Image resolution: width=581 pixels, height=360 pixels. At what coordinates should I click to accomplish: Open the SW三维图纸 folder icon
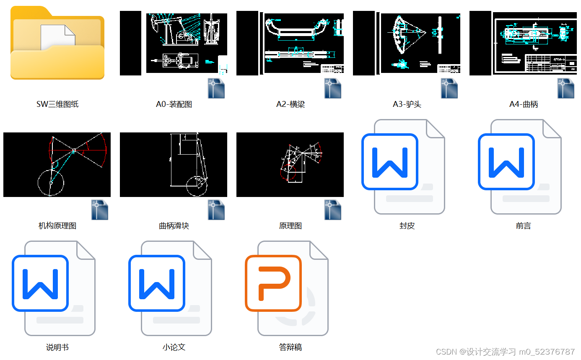click(57, 43)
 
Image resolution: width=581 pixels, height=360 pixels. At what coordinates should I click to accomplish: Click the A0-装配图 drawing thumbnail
click(174, 44)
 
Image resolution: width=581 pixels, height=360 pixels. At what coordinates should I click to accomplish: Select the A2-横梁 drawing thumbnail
click(290, 44)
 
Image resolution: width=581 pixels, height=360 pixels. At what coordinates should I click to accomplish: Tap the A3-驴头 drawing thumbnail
click(407, 44)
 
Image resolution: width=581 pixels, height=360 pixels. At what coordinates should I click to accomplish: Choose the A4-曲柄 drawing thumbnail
click(523, 44)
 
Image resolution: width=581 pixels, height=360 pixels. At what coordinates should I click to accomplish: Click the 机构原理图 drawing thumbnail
click(57, 165)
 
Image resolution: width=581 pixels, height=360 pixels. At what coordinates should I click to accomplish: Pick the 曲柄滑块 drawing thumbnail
click(174, 165)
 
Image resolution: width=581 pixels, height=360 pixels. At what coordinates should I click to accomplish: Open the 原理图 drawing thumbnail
click(290, 165)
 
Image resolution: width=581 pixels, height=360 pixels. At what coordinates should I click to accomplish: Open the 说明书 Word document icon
click(54, 288)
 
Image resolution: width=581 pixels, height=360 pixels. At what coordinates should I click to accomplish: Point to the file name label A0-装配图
click(174, 104)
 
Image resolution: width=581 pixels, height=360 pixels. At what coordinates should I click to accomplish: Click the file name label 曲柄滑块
click(174, 226)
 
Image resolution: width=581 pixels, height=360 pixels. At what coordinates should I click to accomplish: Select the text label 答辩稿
click(290, 347)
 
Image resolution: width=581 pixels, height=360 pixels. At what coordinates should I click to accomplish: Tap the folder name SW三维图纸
click(57, 104)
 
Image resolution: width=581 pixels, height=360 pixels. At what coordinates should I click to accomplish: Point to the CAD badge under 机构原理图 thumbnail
click(100, 210)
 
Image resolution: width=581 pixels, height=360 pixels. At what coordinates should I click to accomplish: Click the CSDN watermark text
click(505, 352)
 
